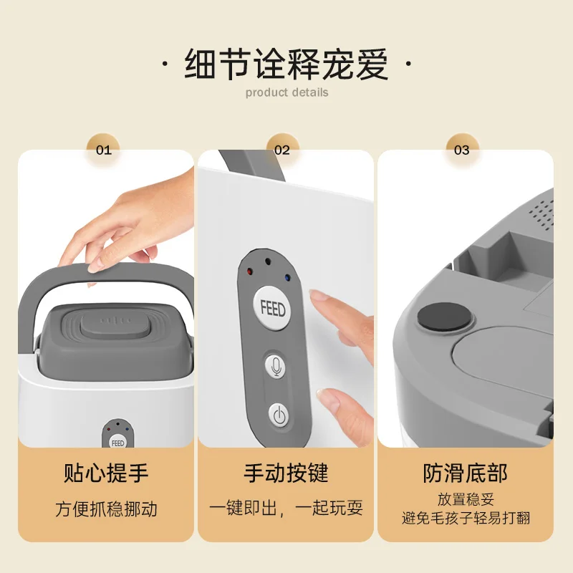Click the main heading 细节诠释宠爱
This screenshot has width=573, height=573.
[286, 64]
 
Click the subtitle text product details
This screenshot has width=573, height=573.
[286, 92]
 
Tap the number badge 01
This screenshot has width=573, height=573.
[104, 150]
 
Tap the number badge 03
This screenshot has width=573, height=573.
[462, 150]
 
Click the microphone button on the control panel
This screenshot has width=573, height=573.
[277, 366]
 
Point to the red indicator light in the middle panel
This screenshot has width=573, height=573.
[249, 272]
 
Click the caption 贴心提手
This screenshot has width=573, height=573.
[106, 473]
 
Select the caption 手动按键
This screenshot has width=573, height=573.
[285, 473]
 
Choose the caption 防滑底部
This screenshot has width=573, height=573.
[465, 473]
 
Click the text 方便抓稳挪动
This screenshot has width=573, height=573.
[106, 509]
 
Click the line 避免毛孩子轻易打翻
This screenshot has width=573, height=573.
[465, 518]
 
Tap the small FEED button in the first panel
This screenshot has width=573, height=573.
[117, 443]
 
